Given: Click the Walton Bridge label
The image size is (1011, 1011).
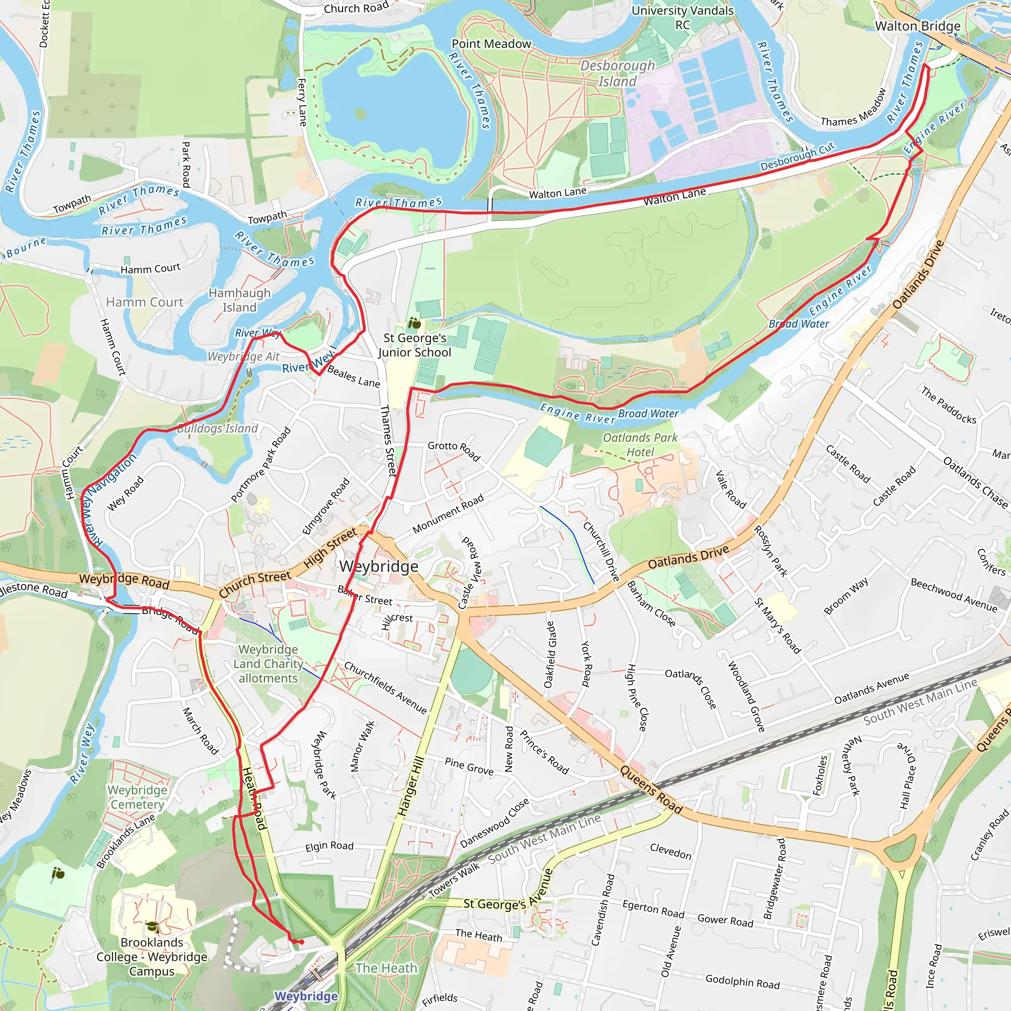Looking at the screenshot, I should pyautogui.click(x=917, y=26).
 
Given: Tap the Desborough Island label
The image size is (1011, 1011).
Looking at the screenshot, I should pyautogui.click(x=618, y=74).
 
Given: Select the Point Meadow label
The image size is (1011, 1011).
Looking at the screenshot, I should pyautogui.click(x=491, y=44).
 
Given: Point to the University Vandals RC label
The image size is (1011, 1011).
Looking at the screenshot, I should pyautogui.click(x=682, y=18).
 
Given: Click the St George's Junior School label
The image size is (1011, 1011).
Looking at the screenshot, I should pyautogui.click(x=415, y=346).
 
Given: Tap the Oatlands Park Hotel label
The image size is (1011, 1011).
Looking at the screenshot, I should pyautogui.click(x=640, y=445).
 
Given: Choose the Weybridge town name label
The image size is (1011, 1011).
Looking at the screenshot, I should pyautogui.click(x=379, y=566).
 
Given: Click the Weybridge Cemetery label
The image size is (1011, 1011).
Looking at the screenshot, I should pyautogui.click(x=137, y=797).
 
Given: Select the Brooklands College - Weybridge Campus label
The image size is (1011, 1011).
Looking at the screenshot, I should pyautogui.click(x=152, y=957).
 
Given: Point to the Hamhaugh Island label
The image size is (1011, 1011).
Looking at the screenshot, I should pyautogui.click(x=239, y=300).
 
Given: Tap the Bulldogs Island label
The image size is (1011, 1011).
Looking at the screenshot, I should pyautogui.click(x=217, y=428).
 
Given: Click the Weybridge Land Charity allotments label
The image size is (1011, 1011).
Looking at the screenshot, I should pyautogui.click(x=268, y=663).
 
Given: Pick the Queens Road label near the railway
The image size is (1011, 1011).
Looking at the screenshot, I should pyautogui.click(x=651, y=790).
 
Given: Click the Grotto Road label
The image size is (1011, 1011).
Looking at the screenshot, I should pyautogui.click(x=454, y=450).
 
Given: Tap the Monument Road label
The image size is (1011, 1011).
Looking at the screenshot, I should pyautogui.click(x=448, y=514).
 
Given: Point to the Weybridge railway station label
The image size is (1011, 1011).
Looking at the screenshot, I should pyautogui.click(x=306, y=996).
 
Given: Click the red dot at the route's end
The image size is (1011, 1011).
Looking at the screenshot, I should pyautogui.click(x=302, y=942).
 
